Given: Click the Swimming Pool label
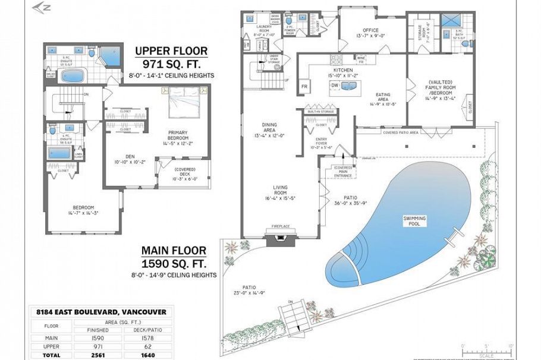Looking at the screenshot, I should [414, 220].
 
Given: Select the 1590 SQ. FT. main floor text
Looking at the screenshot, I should [173, 263].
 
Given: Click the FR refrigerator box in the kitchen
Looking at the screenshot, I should [304, 86].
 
